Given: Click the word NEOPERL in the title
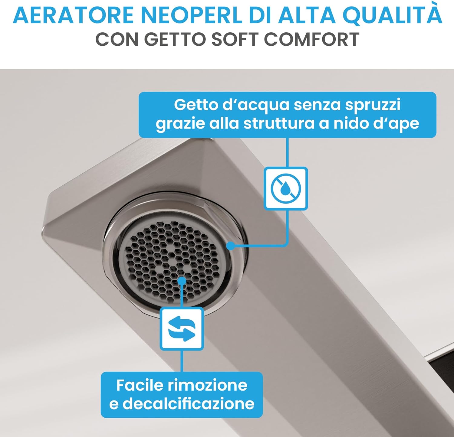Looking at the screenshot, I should [192, 15].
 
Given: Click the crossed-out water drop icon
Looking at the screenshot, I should [286, 188].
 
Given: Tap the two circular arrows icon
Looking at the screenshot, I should [182, 328].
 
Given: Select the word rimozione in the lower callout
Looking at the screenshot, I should [208, 385].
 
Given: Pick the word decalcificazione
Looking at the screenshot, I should [188, 403].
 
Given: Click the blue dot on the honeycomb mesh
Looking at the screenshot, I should [182, 281].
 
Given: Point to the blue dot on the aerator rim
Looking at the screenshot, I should [231, 246].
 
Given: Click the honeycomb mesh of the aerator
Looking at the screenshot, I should [157, 257].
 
